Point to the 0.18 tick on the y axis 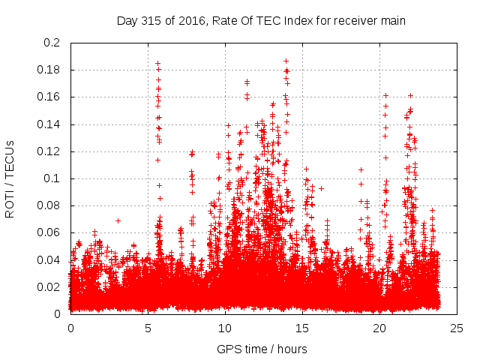pyautogui.click(x=51, y=70)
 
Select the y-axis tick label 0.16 pyautogui.click(x=51, y=97)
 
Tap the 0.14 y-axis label pyautogui.click(x=51, y=124)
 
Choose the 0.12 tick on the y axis pyautogui.click(x=51, y=151)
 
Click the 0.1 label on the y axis pyautogui.click(x=54, y=178)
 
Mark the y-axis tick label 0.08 pyautogui.click(x=51, y=205)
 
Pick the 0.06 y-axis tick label pyautogui.click(x=51, y=232)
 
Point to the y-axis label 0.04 pyautogui.click(x=51, y=259)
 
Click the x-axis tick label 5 pyautogui.click(x=148, y=328)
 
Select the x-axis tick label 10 pyautogui.click(x=225, y=328)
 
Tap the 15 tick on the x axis pyautogui.click(x=302, y=328)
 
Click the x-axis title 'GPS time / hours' pyautogui.click(x=262, y=349)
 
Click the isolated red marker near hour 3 pyautogui.click(x=118, y=220)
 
